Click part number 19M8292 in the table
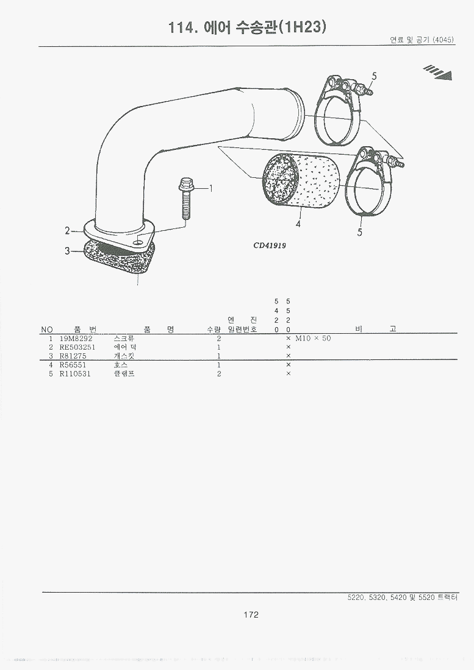[76, 339]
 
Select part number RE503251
[77, 347]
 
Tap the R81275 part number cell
[73, 356]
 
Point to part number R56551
[73, 365]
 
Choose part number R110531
[75, 374]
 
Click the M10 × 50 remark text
[313, 339]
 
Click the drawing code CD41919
[270, 245]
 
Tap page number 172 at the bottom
[251, 615]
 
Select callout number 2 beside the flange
[66, 231]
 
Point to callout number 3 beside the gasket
[66, 251]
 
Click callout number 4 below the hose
[298, 224]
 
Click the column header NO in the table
[46, 330]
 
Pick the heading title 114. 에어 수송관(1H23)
[247, 27]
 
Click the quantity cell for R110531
[219, 374]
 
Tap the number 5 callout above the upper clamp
[375, 77]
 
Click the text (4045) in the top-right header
[443, 40]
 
